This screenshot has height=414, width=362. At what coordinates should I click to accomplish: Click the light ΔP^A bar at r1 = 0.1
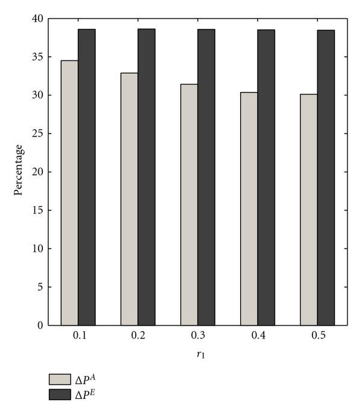(69, 193)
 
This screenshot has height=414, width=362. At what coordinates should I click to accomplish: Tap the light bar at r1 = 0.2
(129, 199)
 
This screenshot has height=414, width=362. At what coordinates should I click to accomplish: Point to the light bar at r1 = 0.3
(189, 205)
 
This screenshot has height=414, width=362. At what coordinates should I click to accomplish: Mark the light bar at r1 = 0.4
(249, 209)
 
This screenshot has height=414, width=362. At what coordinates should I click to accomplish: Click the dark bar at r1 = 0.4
(266, 178)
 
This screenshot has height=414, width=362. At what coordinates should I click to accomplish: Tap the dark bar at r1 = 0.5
(326, 178)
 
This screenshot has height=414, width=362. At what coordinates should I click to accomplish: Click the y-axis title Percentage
(19, 170)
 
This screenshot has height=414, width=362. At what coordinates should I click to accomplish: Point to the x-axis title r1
(199, 357)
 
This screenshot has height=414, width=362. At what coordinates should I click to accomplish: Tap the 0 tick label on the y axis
(40, 325)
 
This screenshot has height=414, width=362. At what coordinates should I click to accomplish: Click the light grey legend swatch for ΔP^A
(60, 379)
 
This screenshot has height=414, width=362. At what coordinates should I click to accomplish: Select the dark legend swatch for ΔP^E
(60, 394)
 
